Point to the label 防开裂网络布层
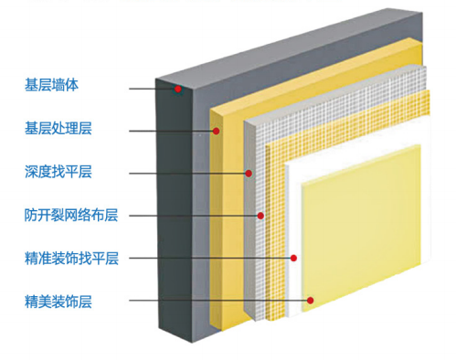[x=71, y=215]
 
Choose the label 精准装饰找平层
[x=71, y=258]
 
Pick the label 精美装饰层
[x=58, y=300]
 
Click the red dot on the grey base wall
[x=180, y=89]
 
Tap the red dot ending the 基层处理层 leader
[x=217, y=132]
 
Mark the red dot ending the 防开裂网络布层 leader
[x=261, y=217]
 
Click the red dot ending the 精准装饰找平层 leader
[x=293, y=259]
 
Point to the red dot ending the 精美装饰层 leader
[x=311, y=301]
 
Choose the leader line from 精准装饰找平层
[x=210, y=259]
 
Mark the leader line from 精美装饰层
[x=219, y=301]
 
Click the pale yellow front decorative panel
[x=366, y=247]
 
